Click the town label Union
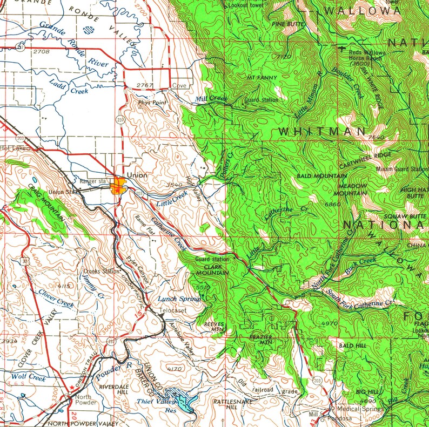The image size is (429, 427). tap(137, 176)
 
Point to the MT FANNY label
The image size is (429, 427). tap(262, 78)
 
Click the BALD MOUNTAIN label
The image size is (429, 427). tap(323, 177)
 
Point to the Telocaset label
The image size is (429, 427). tap(173, 311)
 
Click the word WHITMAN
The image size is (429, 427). tap(323, 132)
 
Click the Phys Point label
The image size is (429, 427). tap(151, 101)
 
